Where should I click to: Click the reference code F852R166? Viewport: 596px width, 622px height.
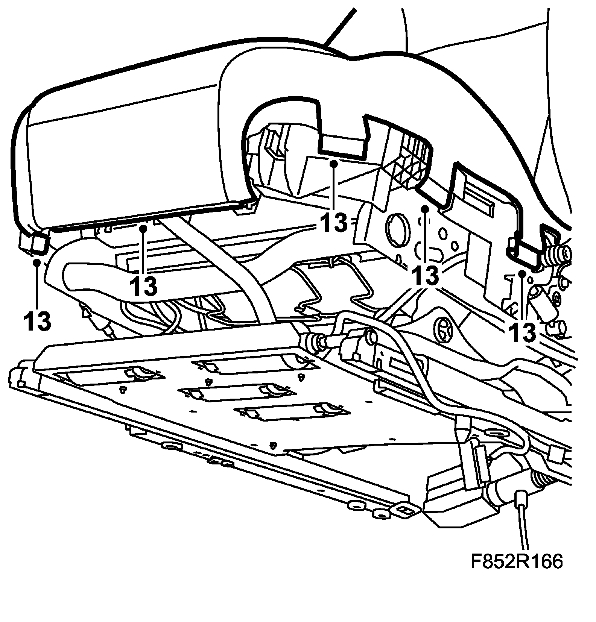coord(516,572)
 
